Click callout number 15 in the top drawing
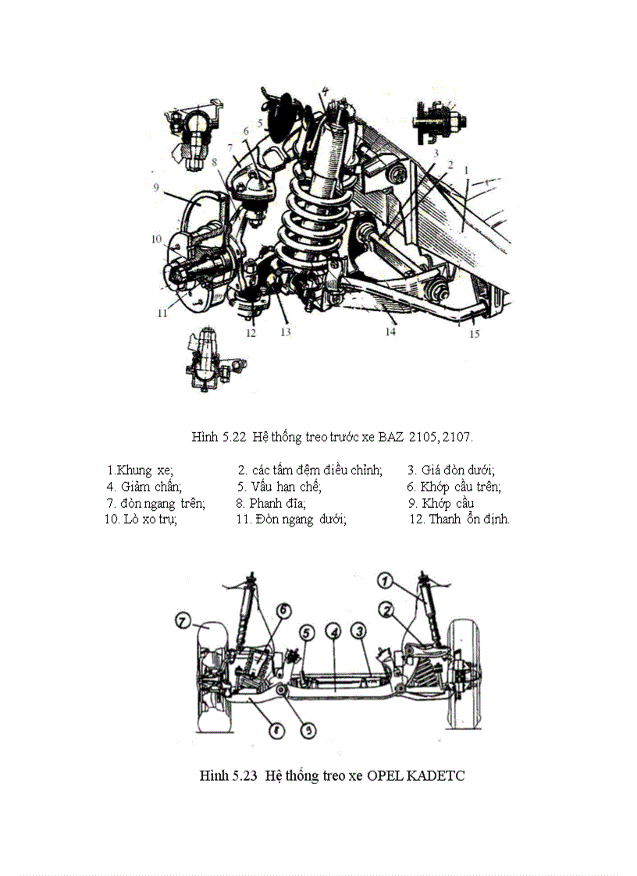pyautogui.click(x=475, y=334)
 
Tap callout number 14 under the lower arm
pyautogui.click(x=390, y=332)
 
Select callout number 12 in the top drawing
pyautogui.click(x=250, y=333)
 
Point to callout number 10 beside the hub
pyautogui.click(x=155, y=238)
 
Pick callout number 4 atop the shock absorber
pyautogui.click(x=324, y=90)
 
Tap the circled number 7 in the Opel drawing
pyautogui.click(x=183, y=622)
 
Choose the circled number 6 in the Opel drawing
pyautogui.click(x=283, y=608)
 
